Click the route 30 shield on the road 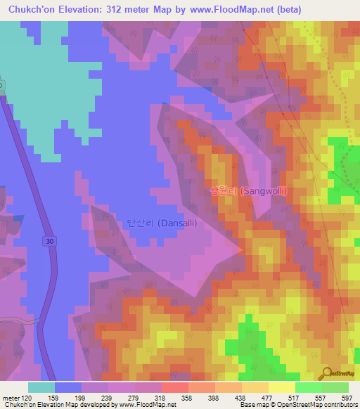(x=46, y=241)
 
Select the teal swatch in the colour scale (x=41, y=387)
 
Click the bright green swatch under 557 (x=308, y=387)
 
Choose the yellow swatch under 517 (x=281, y=387)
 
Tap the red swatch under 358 (x=174, y=387)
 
